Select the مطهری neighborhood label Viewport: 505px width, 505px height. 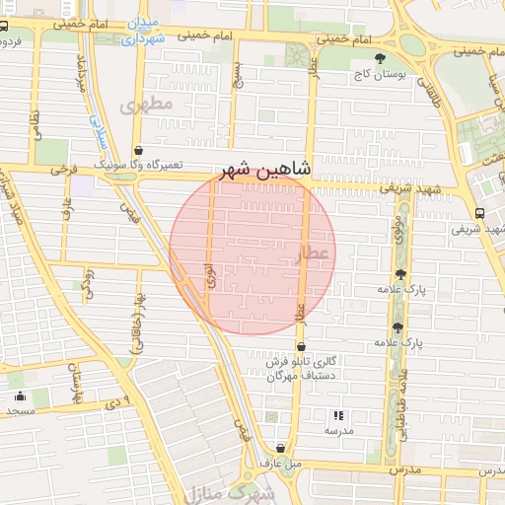(x=145, y=103)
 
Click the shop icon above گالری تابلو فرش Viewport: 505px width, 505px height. (x=302, y=347)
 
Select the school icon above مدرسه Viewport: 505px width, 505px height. (x=338, y=416)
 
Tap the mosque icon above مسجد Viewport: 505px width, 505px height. (x=21, y=397)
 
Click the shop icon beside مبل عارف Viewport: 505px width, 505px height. (x=281, y=447)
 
